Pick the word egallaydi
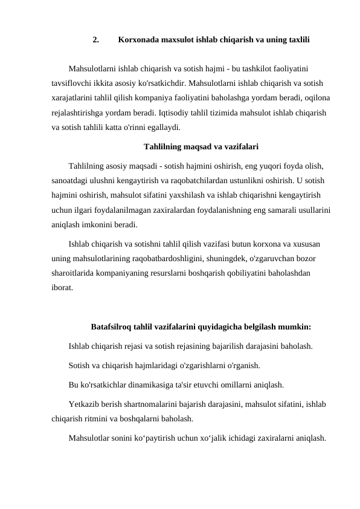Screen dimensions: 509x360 click(161, 127)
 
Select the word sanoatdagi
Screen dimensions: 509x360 click(72, 180)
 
